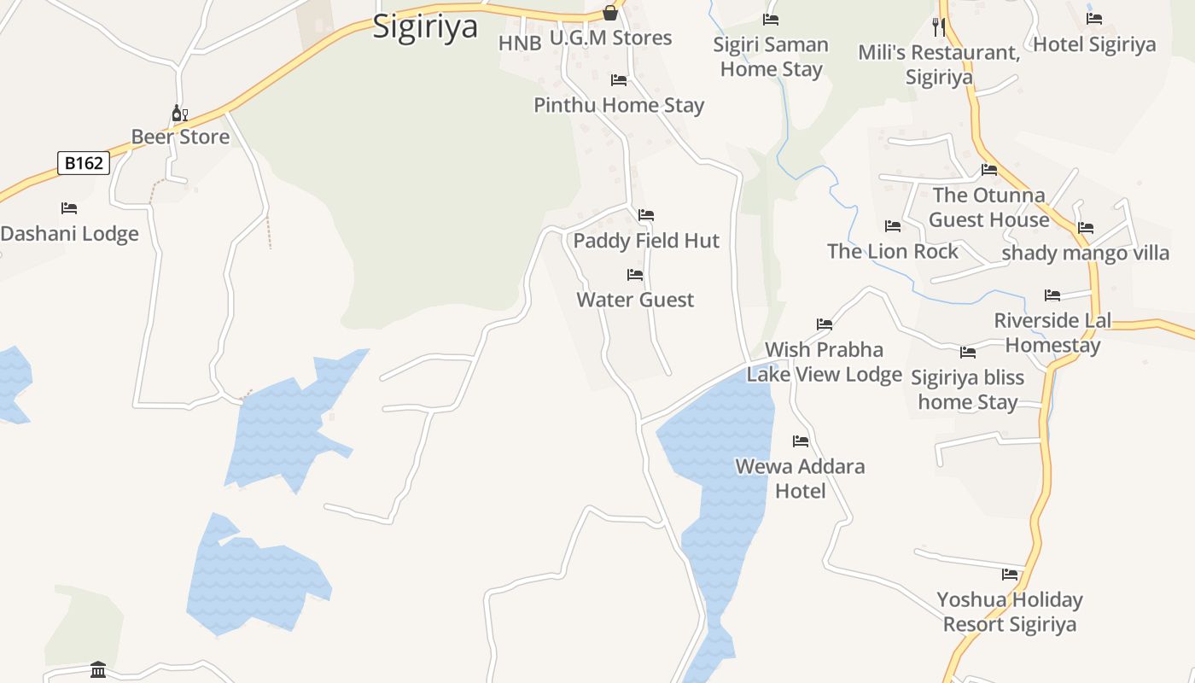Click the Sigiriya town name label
pos(425,26)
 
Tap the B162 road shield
pos(84,163)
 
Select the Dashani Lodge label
pos(69,234)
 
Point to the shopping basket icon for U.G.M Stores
pos(610,13)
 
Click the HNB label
pos(520,44)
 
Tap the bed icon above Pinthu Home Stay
pos(619,80)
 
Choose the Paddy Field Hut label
pos(646,241)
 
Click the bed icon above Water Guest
pos(635,275)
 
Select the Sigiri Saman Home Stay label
pos(771,56)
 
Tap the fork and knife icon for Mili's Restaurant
pos(939,27)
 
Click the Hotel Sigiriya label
pos(1094,44)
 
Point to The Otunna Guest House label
pos(988,207)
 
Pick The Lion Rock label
pos(893,251)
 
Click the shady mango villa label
pos(1085,254)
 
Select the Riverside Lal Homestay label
pos(1052,333)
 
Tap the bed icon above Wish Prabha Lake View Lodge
pos(825,324)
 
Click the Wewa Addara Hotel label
pos(800,478)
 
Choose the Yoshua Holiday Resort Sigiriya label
pos(1010,612)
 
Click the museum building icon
pos(98,670)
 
